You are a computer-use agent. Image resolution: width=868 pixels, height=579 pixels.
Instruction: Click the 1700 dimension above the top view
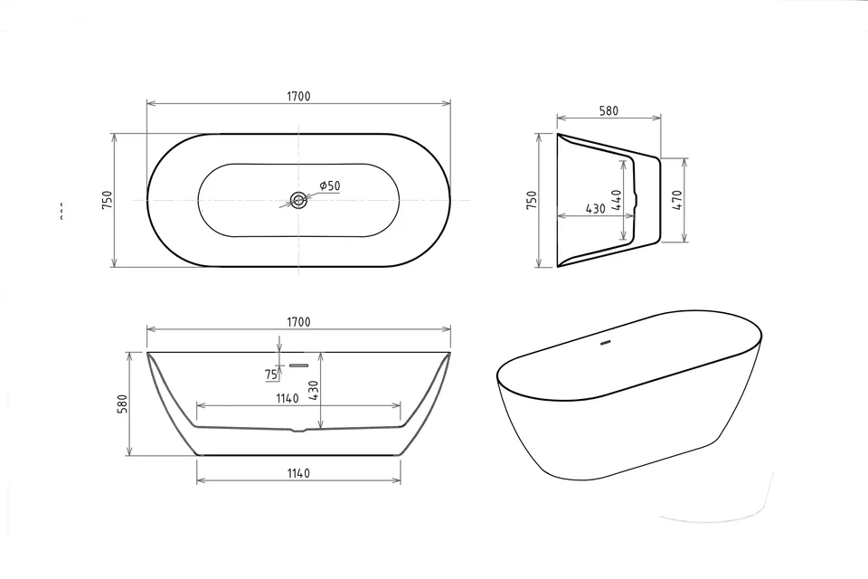coord(298,97)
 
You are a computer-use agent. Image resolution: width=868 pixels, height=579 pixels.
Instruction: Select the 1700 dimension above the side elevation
coord(298,322)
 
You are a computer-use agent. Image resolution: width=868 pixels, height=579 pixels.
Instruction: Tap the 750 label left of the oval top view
coord(107,199)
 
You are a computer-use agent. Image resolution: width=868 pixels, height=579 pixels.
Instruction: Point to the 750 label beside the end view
coord(531,199)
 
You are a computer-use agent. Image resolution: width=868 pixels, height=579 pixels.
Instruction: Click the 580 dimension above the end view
coord(609,110)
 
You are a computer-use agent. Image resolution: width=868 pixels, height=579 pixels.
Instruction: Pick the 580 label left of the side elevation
coord(122,403)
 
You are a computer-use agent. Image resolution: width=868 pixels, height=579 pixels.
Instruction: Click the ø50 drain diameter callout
coord(329,185)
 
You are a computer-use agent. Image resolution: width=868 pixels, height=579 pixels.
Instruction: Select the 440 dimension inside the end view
coord(617,200)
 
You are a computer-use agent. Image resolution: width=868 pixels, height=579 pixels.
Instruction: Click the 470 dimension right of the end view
coord(677,200)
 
